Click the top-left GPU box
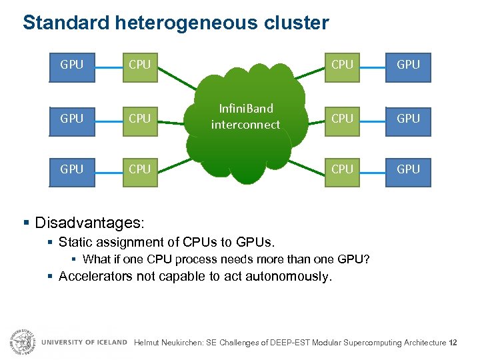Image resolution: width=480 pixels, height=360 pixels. tap(72, 65)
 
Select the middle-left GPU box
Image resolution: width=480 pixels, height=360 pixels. tap(72, 119)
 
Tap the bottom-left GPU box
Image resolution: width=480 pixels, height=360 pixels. tap(72, 170)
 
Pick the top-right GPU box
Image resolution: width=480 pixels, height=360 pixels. tap(408, 65)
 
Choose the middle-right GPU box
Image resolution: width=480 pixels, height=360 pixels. tap(408, 119)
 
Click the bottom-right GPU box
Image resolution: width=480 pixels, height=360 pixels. tap(408, 170)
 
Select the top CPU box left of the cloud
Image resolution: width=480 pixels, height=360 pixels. tap(139, 65)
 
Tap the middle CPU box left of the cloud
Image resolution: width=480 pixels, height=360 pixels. tap(139, 119)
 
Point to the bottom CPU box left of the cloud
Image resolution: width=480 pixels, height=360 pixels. tap(139, 170)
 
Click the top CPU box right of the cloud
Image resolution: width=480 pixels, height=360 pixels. tap(342, 65)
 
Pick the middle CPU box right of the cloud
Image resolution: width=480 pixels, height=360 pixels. tap(342, 119)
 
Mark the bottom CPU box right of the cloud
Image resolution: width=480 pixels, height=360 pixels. tap(342, 170)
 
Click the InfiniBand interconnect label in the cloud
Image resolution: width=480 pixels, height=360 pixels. tap(245, 117)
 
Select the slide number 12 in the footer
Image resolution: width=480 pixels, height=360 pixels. tap(453, 343)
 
